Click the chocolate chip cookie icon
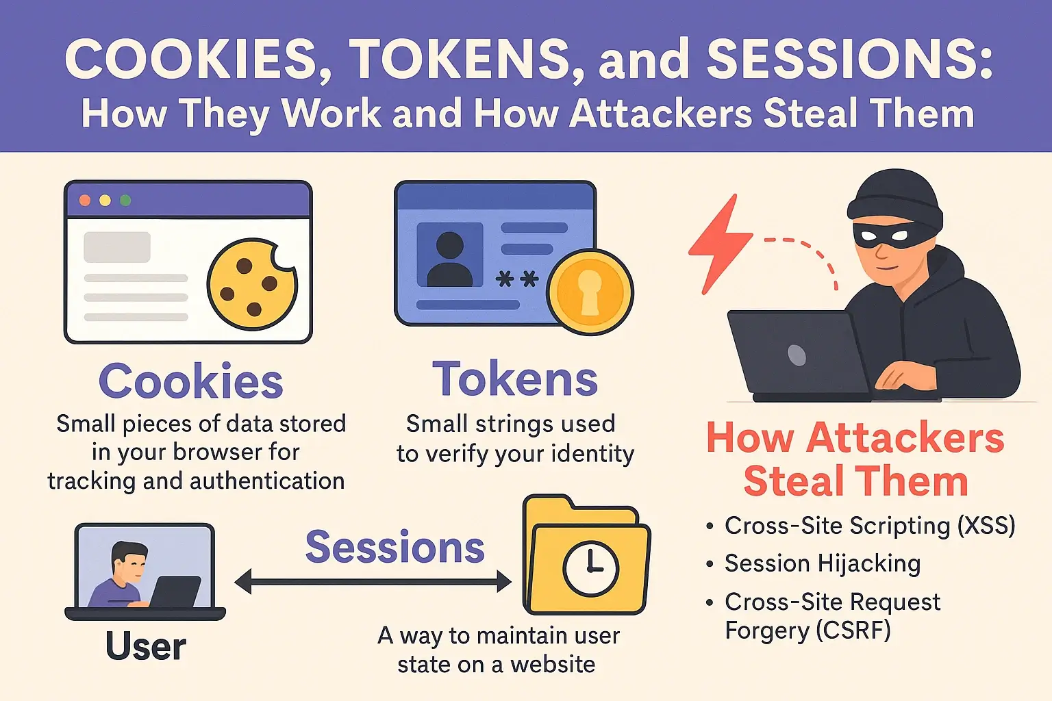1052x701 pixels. pyautogui.click(x=253, y=285)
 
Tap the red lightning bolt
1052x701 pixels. pyautogui.click(x=718, y=245)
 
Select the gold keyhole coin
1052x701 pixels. pyautogui.click(x=590, y=292)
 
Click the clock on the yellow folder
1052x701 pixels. pyautogui.click(x=590, y=569)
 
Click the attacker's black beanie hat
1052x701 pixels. pyautogui.click(x=894, y=199)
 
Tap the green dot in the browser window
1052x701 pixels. pyautogui.click(x=125, y=201)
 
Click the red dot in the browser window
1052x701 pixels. pyautogui.click(x=85, y=201)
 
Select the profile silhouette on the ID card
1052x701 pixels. pyautogui.click(x=450, y=259)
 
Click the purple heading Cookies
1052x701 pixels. pyautogui.click(x=190, y=381)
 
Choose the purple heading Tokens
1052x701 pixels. pyautogui.click(x=515, y=379)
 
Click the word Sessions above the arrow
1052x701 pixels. pyautogui.click(x=395, y=547)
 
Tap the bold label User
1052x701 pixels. pyautogui.click(x=146, y=646)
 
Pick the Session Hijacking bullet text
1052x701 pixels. pyautogui.click(x=823, y=563)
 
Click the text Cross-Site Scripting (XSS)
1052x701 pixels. pyautogui.click(x=870, y=525)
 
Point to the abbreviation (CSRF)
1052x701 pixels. pyautogui.click(x=853, y=630)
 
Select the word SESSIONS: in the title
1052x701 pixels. pyautogui.click(x=850, y=60)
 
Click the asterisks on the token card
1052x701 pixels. pyautogui.click(x=517, y=279)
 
